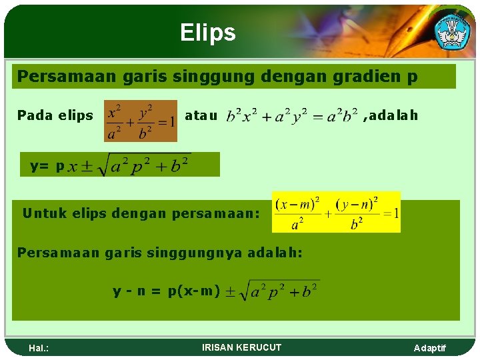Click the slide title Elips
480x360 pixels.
(207, 33)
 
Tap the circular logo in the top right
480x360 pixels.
(452, 30)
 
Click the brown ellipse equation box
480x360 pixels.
(141, 121)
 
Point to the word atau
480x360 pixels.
(201, 115)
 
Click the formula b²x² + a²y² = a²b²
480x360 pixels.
(292, 116)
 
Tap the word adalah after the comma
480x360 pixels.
(393, 115)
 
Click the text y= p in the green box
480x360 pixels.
(47, 166)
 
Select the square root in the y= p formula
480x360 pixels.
(143, 165)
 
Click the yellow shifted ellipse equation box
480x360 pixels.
(336, 212)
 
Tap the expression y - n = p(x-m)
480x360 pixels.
(166, 291)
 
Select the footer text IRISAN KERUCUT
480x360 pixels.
(241, 347)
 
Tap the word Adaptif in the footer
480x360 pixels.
(430, 348)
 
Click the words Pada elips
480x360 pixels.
(55, 115)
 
